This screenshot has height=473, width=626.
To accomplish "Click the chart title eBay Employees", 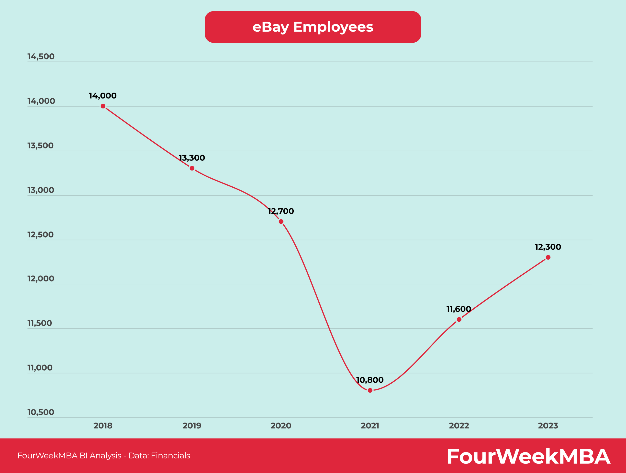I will click(x=313, y=27).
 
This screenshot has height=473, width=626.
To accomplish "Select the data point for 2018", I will click(x=103, y=106).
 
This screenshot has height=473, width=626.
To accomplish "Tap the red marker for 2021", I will click(x=370, y=390).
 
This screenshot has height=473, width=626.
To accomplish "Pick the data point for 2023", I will click(x=548, y=257).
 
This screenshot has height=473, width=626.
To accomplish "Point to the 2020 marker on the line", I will click(x=281, y=222).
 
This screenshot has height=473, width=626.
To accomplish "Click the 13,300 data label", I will click(x=192, y=158).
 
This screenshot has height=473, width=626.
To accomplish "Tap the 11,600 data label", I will click(x=459, y=309).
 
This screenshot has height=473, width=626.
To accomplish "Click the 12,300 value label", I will click(x=548, y=247).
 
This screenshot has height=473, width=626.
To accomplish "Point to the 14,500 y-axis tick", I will click(x=41, y=56).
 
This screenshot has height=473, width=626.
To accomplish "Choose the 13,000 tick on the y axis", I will click(x=41, y=190).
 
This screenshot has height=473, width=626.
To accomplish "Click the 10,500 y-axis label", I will click(x=41, y=412).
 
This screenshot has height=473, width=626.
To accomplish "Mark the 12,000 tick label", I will click(x=41, y=279).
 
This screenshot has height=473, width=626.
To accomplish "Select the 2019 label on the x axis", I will click(x=192, y=426).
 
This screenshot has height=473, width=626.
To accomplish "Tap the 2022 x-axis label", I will click(x=459, y=426).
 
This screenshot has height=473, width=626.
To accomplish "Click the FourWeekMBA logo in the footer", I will click(x=528, y=457).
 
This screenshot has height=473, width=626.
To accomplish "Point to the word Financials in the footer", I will click(x=170, y=456).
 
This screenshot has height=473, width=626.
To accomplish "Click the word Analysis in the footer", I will click(x=105, y=456).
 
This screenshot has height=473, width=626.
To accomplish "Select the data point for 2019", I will click(x=192, y=168).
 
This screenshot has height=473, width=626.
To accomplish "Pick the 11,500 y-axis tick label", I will click(x=40, y=323).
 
